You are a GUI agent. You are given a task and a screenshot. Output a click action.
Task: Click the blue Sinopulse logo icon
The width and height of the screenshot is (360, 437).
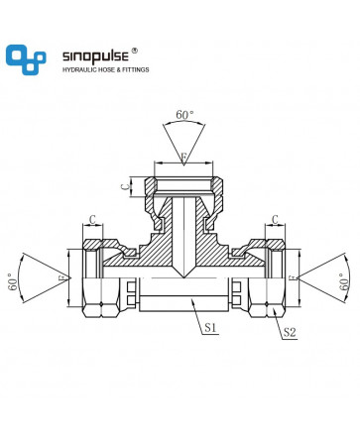[26, 59]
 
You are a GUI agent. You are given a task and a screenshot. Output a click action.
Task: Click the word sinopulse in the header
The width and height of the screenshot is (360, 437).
[95, 55]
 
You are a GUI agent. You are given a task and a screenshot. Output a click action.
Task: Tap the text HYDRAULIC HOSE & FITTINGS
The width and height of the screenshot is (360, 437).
[106, 69]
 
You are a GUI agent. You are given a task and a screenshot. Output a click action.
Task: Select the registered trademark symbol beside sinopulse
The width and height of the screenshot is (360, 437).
[134, 51]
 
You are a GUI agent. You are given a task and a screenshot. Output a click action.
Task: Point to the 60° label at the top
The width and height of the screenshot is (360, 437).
[184, 115]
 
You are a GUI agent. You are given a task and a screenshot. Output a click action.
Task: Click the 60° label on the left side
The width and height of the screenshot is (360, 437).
[13, 281]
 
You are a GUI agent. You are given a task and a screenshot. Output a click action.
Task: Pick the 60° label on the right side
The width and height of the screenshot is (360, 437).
[344, 281]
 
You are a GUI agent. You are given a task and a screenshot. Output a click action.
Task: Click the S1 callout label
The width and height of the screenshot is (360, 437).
[210, 327]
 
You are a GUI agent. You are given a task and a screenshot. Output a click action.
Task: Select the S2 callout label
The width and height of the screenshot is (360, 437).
[290, 332]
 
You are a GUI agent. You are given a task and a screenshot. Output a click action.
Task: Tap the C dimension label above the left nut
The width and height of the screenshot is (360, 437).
[93, 219]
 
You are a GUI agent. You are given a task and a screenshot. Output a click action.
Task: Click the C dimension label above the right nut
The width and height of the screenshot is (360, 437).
[275, 219]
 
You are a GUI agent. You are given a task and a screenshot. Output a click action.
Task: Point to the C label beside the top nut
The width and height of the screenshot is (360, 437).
[125, 187]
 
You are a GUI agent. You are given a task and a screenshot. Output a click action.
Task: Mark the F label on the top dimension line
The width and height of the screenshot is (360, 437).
[183, 157]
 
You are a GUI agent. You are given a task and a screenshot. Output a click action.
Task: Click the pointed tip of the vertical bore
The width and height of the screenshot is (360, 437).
[183, 277]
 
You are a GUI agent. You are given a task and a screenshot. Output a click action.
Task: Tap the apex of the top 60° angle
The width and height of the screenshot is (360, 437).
[183, 164]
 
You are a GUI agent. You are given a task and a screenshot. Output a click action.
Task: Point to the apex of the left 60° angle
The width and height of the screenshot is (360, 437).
[71, 277]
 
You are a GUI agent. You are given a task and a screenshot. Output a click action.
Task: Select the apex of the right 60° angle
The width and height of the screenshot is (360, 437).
[297, 278]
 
